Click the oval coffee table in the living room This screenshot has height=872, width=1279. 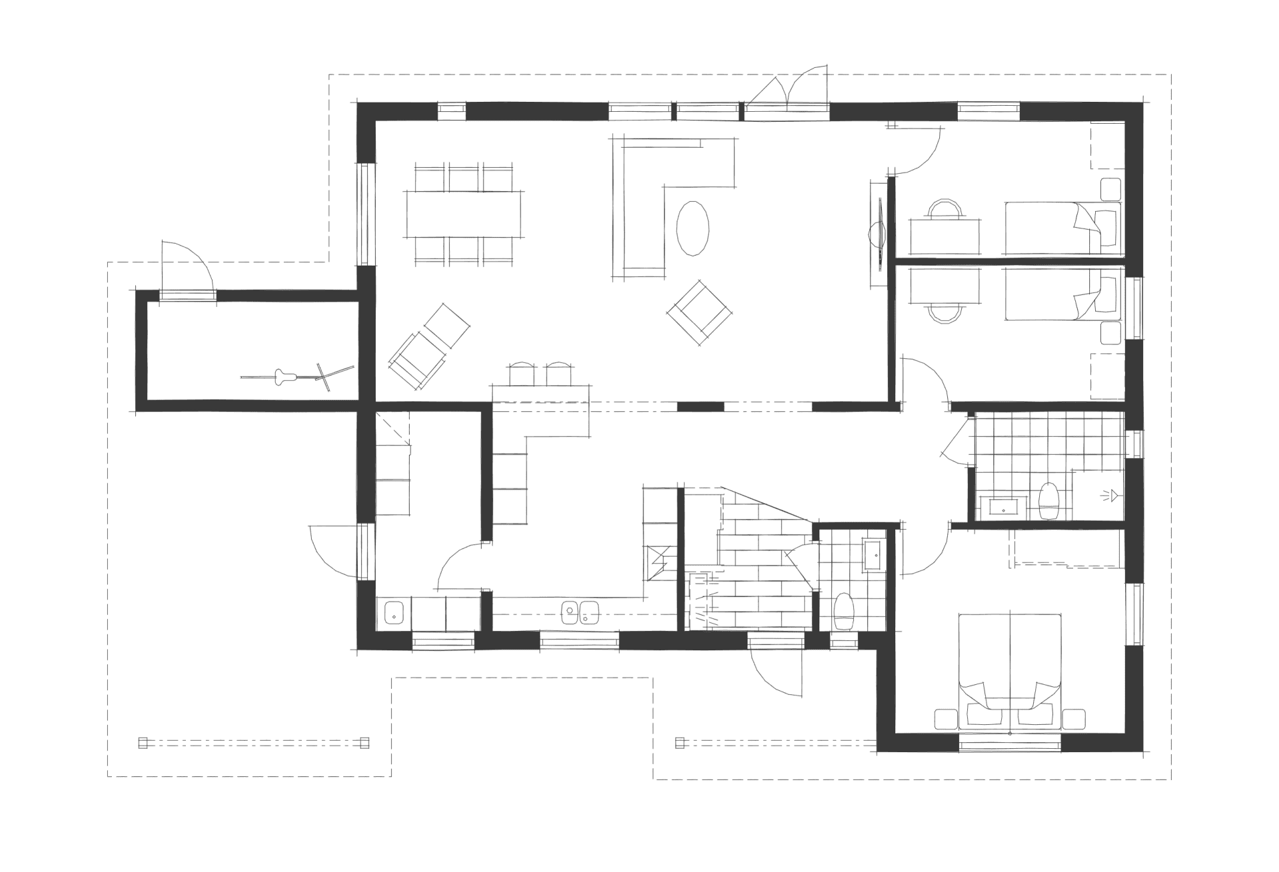(693, 228)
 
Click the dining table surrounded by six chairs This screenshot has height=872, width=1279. (464, 214)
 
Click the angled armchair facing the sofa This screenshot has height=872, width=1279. (699, 314)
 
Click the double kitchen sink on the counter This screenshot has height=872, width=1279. (579, 611)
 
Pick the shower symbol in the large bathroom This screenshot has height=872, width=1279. (1110, 495)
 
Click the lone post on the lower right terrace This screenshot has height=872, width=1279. (680, 743)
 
